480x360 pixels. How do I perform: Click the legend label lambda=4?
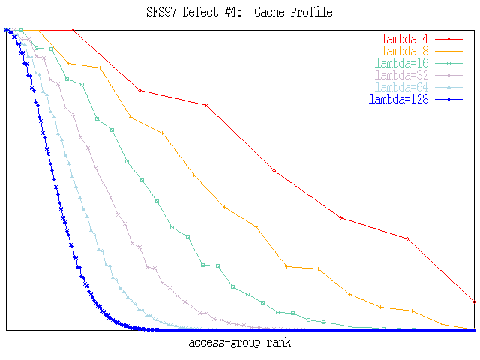point(405,39)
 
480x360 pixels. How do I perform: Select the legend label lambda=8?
point(405,51)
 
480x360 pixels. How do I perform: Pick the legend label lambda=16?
point(402,63)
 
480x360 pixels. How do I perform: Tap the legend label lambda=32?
point(402,75)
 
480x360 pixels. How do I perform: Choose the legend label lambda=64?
point(402,87)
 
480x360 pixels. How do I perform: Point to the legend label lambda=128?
point(399,99)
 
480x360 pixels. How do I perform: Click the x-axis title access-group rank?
point(240,343)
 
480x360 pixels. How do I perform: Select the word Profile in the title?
point(310,13)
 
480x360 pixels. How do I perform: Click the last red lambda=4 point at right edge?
point(475,301)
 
